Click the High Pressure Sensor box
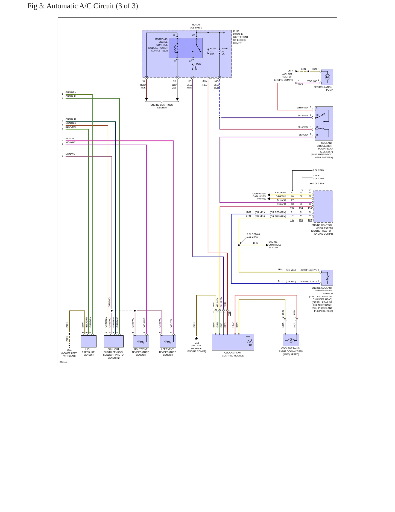tap(89, 341)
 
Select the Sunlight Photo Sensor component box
tap(113, 341)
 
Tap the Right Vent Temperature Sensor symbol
tap(141, 341)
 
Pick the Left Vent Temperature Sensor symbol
tap(168, 341)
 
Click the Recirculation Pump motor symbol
tap(327, 77)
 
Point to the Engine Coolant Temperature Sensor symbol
tap(327, 278)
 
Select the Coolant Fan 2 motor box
tap(291, 340)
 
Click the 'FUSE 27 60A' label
tap(213, 51)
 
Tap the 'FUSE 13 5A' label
tap(224, 51)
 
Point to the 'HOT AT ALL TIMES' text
tap(196, 26)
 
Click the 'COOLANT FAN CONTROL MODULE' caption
tap(233, 354)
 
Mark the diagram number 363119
tap(63, 362)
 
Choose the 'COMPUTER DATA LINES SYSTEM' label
tap(259, 196)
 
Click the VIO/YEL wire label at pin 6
tap(70, 139)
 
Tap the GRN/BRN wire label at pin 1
tap(71, 92)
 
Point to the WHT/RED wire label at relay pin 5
tap(302, 108)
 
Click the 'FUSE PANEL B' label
tap(238, 33)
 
